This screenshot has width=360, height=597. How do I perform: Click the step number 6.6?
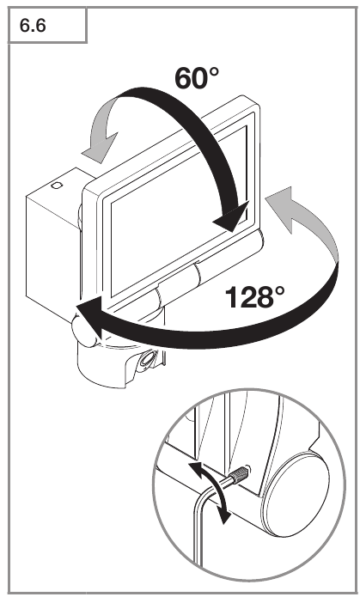(x=33, y=26)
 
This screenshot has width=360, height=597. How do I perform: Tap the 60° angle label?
(x=197, y=77)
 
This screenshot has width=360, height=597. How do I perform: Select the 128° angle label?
(x=254, y=297)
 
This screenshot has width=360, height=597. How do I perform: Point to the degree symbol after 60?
(x=213, y=72)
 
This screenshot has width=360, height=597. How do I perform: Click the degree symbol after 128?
(x=278, y=291)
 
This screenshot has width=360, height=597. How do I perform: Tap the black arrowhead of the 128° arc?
(x=89, y=318)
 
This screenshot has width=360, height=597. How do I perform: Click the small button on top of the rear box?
(x=57, y=186)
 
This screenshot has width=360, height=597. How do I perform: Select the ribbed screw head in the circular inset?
(x=240, y=475)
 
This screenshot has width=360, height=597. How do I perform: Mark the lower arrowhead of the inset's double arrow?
(x=225, y=516)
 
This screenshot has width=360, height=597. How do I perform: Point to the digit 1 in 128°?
(x=232, y=297)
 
